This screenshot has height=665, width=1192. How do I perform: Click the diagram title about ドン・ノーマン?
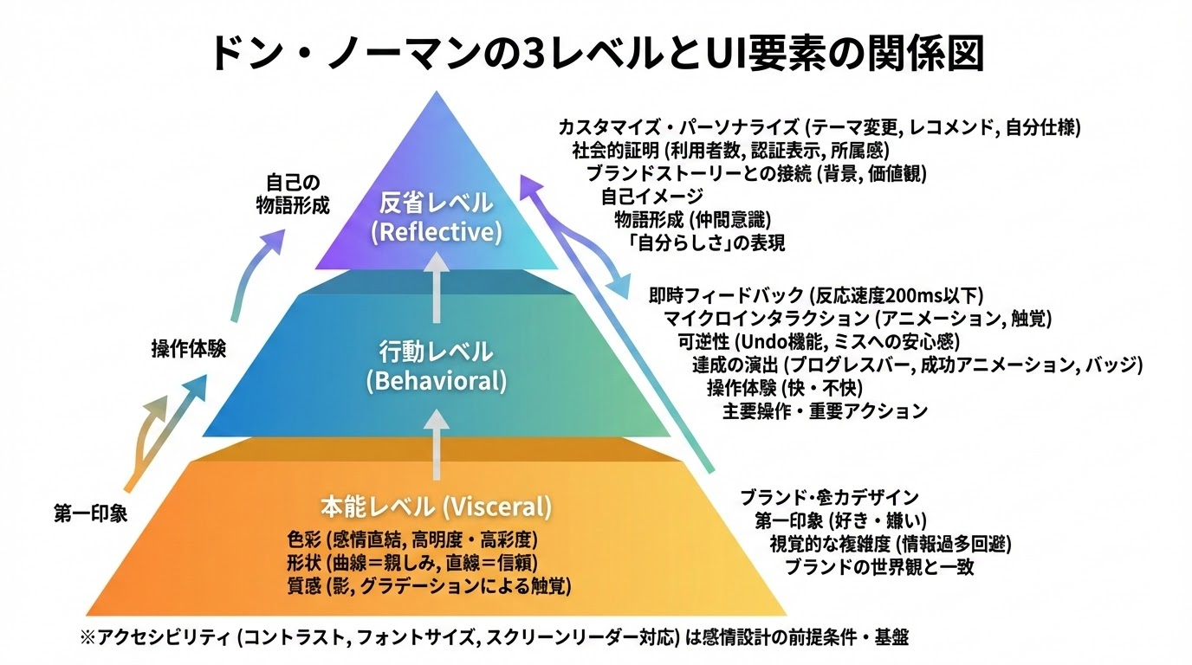pyautogui.click(x=596, y=53)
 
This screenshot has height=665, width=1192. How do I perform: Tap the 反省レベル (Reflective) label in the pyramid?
pyautogui.click(x=436, y=217)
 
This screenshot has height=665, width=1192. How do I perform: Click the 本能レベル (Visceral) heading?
pyautogui.click(x=436, y=505)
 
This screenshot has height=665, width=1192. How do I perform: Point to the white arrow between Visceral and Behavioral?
pyautogui.click(x=436, y=442)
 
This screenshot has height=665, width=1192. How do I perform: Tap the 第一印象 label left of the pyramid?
pyautogui.click(x=90, y=513)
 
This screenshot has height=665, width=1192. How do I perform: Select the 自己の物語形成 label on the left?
pyautogui.click(x=293, y=194)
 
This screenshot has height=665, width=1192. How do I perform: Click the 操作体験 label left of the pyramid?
pyautogui.click(x=188, y=349)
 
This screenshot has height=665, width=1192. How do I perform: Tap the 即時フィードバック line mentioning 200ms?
pyautogui.click(x=816, y=295)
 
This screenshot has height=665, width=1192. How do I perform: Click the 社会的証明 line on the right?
pyautogui.click(x=724, y=151)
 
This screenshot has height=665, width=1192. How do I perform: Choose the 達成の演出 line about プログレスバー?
pyautogui.click(x=917, y=365)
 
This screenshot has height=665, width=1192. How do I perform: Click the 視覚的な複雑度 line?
pyautogui.click(x=891, y=545)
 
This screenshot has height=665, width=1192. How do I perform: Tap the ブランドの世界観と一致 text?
pyautogui.click(x=879, y=568)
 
